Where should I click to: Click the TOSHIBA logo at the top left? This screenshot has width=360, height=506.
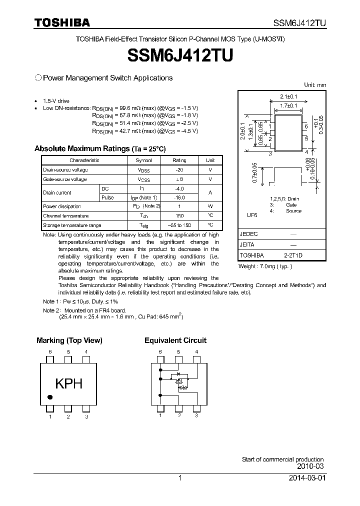pos(62,22)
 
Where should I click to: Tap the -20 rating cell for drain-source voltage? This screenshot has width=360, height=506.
pos(179,170)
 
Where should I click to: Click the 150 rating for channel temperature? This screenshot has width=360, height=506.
pos(179,216)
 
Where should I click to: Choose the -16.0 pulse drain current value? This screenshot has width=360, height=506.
pos(179,197)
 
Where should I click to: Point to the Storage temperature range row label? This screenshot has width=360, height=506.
pos(72,225)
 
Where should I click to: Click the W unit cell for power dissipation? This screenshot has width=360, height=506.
pos(210,206)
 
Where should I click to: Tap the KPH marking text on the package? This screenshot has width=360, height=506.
pos(68,384)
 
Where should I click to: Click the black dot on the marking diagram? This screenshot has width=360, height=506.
pos(50,397)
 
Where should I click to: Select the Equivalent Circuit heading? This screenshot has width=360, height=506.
pos(175,340)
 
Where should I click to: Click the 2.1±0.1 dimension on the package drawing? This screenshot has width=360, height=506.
pos(288,96)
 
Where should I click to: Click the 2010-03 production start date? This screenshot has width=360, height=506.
pos(310,466)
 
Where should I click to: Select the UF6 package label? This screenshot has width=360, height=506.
pos(251,215)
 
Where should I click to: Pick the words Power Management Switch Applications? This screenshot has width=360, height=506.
pos(108,78)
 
